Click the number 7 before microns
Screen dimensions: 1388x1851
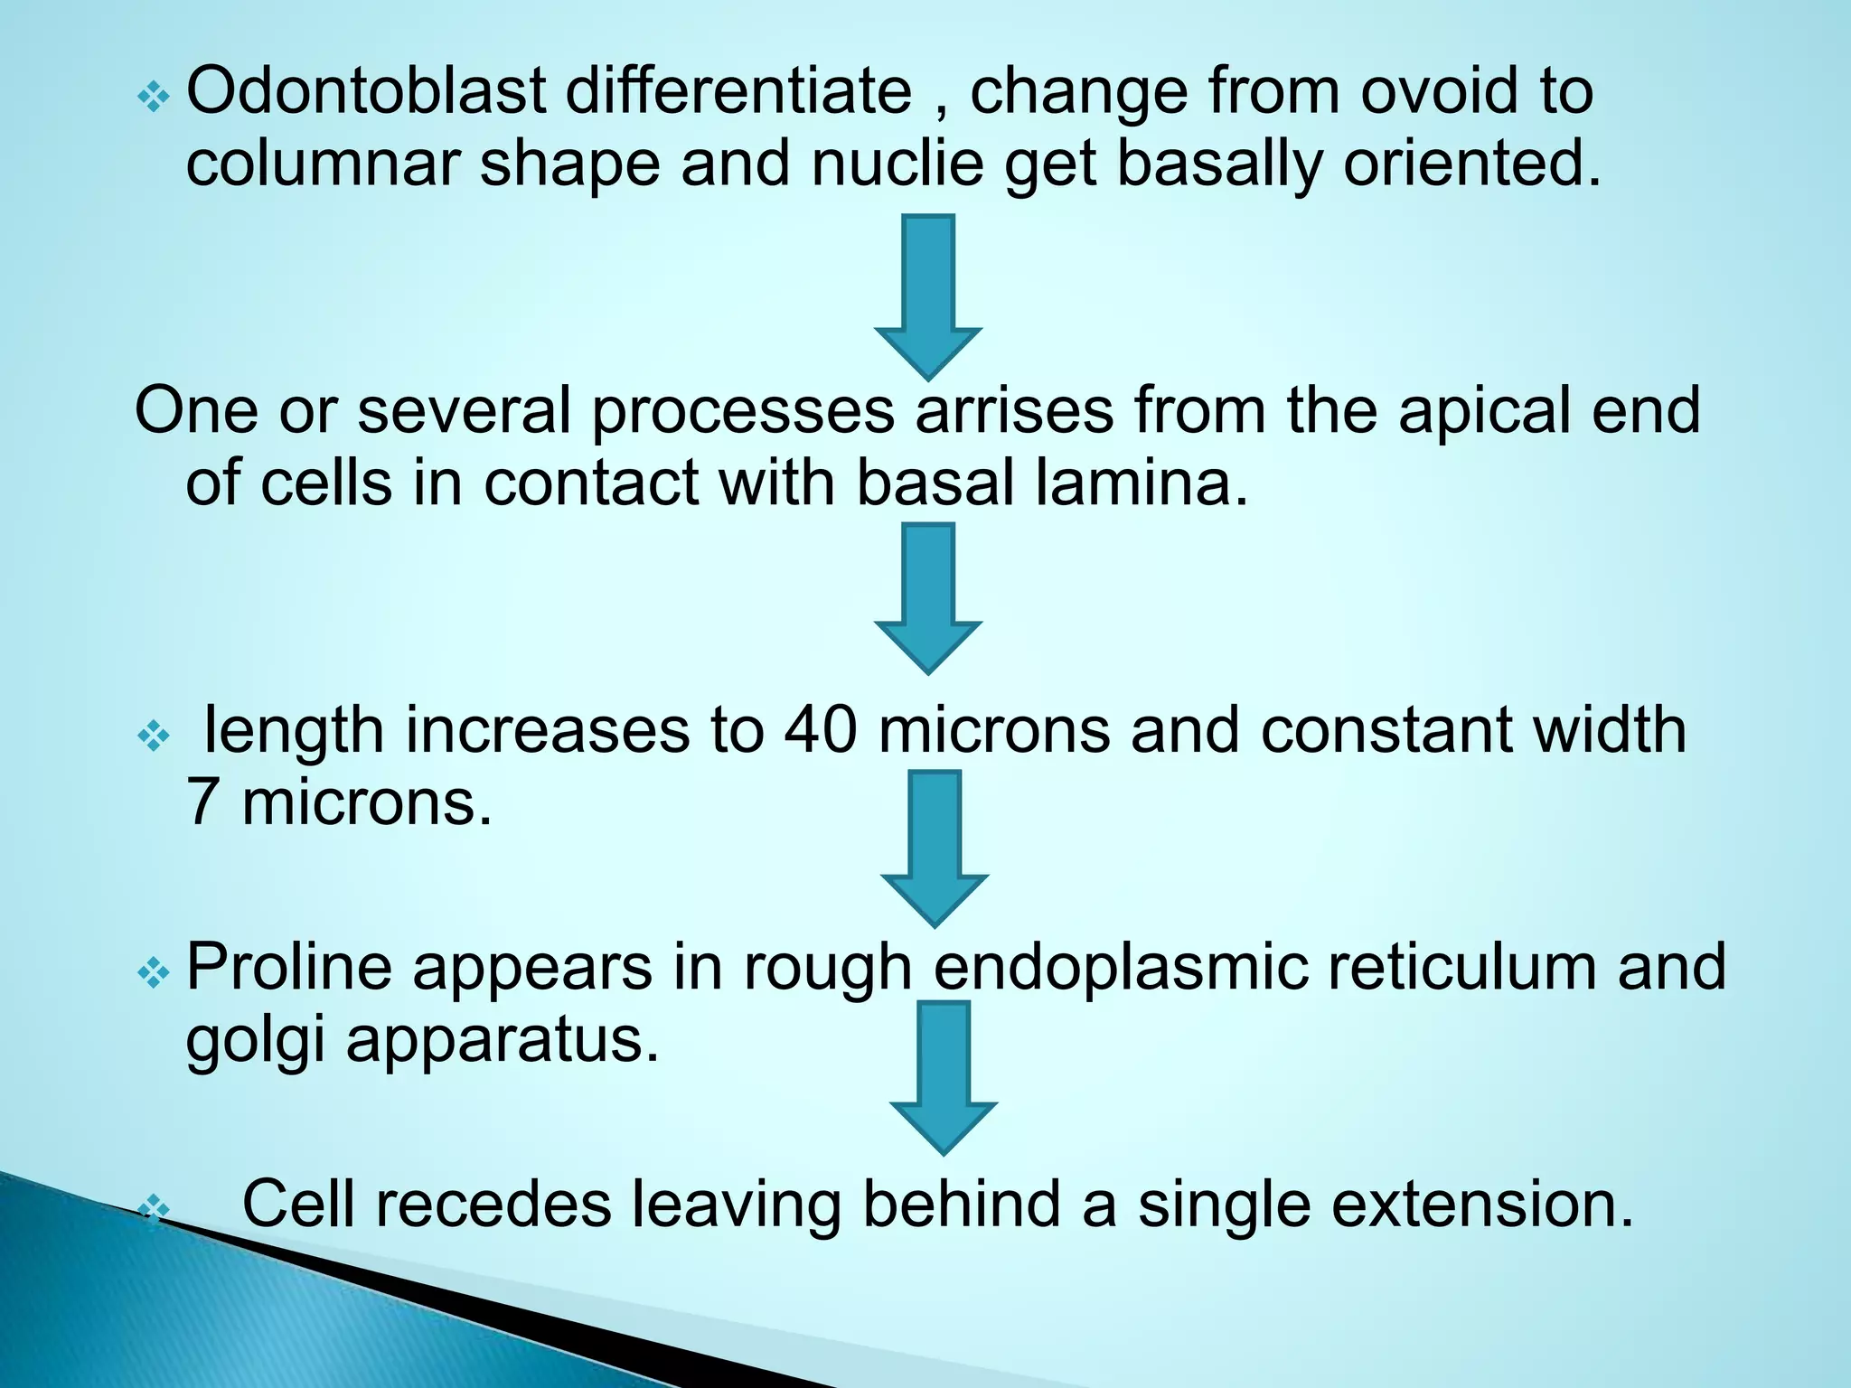click(x=202, y=802)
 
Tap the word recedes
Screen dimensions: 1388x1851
click(x=493, y=1205)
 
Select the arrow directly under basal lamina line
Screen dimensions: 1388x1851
click(x=928, y=597)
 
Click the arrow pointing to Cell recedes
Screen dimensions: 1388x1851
click(x=943, y=1076)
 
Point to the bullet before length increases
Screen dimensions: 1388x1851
click(x=153, y=736)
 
